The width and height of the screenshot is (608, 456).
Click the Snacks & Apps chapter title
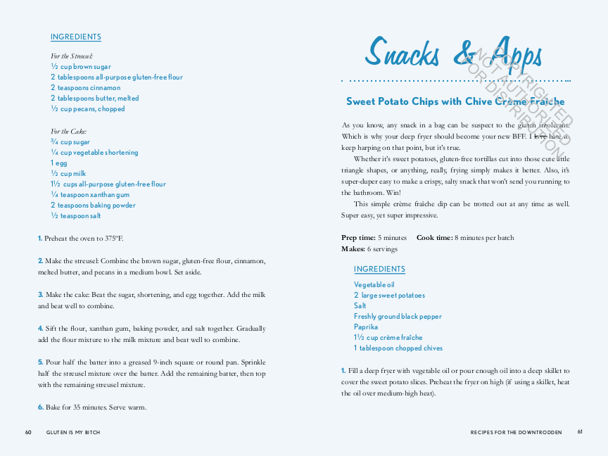click(453, 54)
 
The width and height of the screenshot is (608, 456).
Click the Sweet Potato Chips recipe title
click(455, 102)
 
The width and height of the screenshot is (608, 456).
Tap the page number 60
click(28, 432)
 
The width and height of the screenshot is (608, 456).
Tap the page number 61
click(580, 432)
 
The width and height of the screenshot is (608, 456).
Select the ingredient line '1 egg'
click(59, 163)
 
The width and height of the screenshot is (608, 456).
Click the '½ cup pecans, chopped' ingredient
click(88, 109)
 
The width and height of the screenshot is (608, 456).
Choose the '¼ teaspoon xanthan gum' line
click(90, 195)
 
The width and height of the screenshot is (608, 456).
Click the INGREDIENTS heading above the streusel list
click(76, 37)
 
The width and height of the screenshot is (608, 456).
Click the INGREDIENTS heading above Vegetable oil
click(379, 270)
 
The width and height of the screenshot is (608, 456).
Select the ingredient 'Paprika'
click(366, 327)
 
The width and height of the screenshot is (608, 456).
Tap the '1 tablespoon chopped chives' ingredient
click(398, 348)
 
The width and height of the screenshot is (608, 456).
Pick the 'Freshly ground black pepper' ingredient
click(398, 317)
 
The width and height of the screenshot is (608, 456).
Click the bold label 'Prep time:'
click(358, 238)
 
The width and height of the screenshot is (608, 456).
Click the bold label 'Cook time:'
click(434, 238)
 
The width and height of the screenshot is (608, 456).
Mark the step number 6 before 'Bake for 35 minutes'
click(41, 407)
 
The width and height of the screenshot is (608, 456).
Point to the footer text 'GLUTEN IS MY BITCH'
click(73, 433)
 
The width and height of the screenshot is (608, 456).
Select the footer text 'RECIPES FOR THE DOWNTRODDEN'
click(516, 433)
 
